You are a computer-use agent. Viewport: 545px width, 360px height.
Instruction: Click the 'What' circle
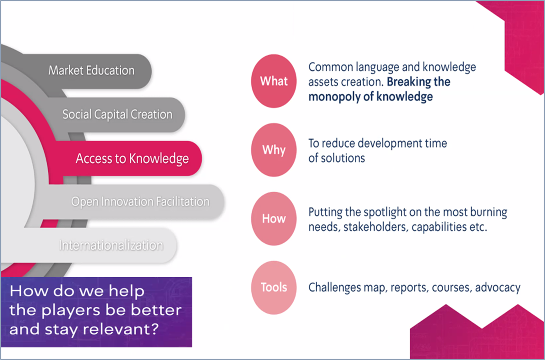274,81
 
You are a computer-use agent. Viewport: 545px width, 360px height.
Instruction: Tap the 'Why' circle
274,150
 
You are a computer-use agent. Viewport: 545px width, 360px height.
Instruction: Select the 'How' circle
274,219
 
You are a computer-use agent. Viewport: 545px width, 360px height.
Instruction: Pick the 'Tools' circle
274,287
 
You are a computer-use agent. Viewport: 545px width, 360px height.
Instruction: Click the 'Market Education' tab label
91,71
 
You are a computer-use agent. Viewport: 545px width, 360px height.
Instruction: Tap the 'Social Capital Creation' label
117,114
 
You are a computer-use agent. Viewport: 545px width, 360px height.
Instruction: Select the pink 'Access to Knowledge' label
132,159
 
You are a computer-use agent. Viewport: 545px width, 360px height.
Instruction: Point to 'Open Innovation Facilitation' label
141,202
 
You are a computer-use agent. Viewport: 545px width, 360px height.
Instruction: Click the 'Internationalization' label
111,245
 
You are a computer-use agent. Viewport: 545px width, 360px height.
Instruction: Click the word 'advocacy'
498,288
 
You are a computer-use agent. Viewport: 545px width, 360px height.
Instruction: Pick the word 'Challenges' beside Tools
335,288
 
